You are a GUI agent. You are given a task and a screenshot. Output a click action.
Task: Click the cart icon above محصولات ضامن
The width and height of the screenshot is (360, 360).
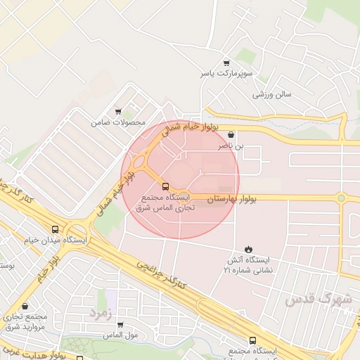118,111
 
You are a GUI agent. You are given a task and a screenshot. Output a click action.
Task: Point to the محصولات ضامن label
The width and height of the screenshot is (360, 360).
118,122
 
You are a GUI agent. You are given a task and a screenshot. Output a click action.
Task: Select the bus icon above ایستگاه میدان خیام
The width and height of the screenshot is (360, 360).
56,229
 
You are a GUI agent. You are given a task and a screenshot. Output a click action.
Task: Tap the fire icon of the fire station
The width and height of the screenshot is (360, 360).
247,249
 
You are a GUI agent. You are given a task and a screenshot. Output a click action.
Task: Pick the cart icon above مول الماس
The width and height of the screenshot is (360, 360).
120,325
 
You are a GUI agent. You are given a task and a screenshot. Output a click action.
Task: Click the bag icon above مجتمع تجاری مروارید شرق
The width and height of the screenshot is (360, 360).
26,307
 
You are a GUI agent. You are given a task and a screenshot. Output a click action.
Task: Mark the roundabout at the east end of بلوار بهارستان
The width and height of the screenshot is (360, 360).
342,198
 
